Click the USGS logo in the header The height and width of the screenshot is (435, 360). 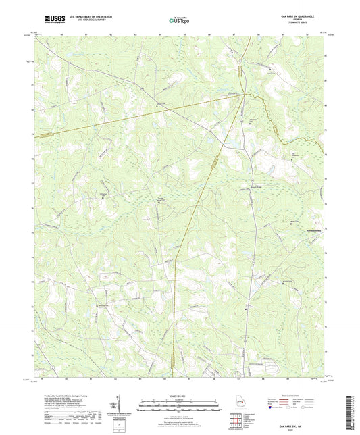click(x=51, y=19)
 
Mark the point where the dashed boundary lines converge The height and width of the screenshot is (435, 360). click(x=244, y=95)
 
